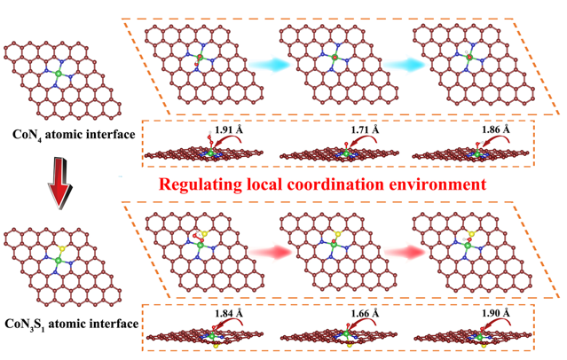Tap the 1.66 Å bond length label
click(x=364, y=315)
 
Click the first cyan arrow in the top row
click(x=250, y=63)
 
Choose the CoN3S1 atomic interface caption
click(x=71, y=324)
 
